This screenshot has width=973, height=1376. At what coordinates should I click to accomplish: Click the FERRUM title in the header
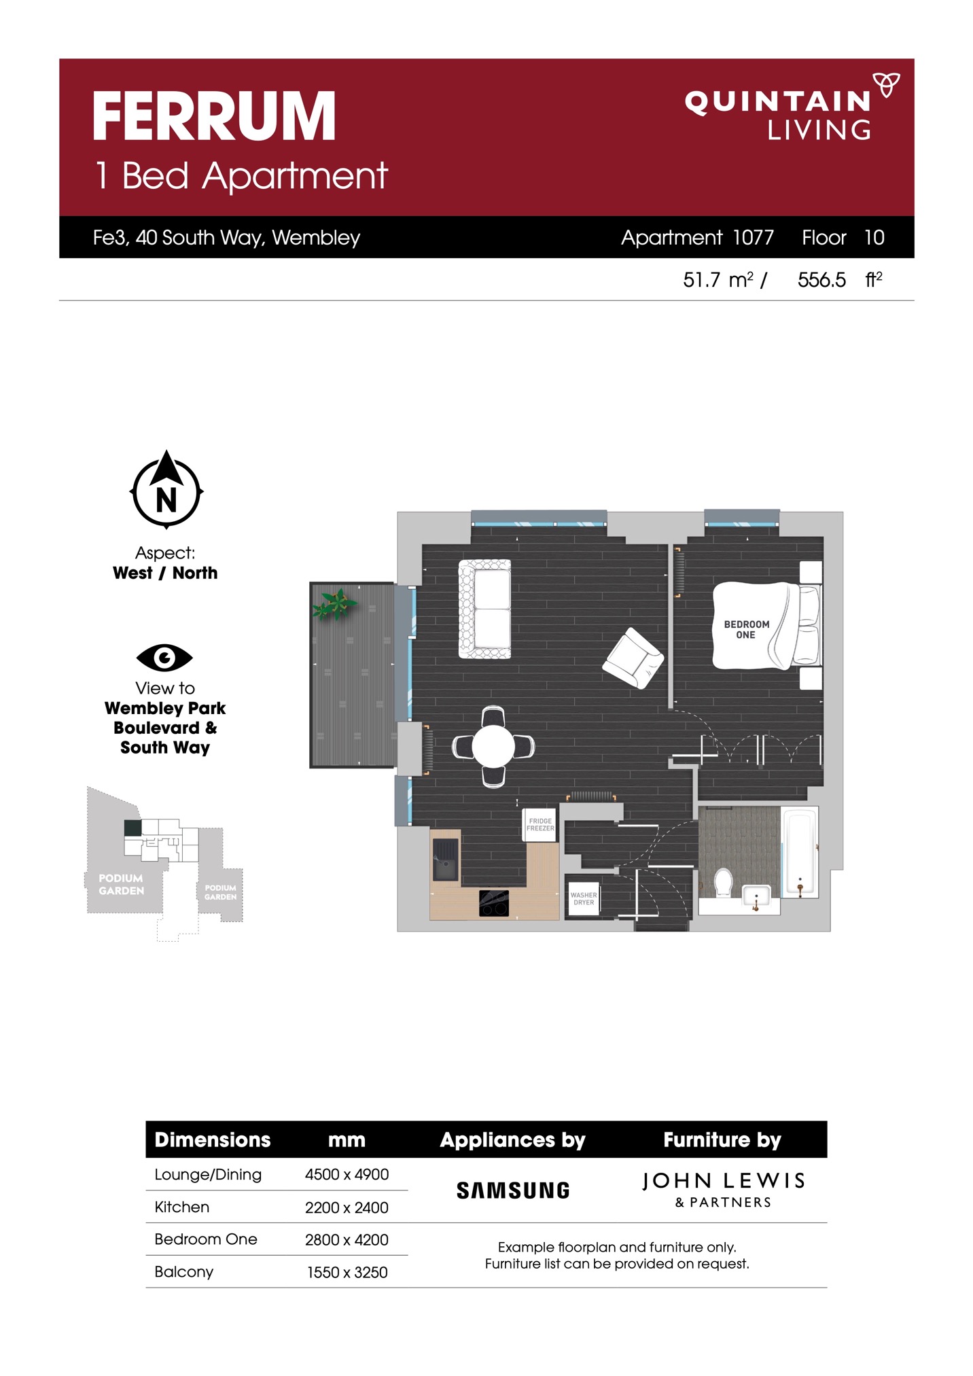click(214, 116)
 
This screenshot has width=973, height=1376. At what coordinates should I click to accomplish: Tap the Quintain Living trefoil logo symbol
click(886, 85)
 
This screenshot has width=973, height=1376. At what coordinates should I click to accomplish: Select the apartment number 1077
click(753, 237)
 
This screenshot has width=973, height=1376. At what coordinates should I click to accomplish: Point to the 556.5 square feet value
click(821, 280)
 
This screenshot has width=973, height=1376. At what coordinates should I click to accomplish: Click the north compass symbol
click(166, 489)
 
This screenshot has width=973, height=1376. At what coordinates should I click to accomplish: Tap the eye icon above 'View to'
click(164, 657)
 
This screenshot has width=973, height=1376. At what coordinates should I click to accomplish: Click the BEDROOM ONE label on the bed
click(746, 629)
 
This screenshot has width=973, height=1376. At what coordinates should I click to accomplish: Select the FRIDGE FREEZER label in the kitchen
click(540, 824)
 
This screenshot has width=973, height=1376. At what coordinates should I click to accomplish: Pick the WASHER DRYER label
click(583, 898)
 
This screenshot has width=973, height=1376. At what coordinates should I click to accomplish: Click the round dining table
click(493, 746)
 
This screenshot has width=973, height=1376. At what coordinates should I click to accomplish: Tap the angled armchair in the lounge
click(633, 658)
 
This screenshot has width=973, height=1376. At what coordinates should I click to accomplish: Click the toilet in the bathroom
click(723, 882)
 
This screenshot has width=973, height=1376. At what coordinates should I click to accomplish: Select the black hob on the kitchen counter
click(494, 903)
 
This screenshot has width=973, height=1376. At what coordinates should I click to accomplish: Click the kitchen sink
click(446, 860)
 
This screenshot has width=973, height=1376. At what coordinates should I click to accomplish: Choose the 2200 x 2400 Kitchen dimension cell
click(347, 1207)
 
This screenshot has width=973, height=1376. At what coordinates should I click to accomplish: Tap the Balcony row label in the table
click(183, 1272)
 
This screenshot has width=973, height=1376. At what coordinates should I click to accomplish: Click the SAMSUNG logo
click(513, 1190)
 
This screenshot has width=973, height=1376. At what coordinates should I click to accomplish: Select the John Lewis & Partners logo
click(723, 1190)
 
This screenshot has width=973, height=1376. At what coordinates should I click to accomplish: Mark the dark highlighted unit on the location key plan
click(132, 828)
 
